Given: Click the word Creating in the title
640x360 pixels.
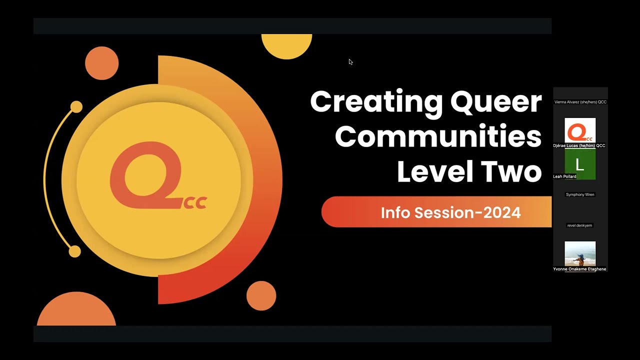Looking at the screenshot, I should coord(376,102).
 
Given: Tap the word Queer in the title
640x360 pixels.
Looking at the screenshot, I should coord(495,102).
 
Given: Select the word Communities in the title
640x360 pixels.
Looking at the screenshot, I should coord(438,136).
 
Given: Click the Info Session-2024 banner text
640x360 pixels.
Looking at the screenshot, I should coord(450,212).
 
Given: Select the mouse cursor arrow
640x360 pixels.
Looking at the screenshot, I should coord(350,62).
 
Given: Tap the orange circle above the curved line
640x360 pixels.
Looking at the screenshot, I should coord(101,63).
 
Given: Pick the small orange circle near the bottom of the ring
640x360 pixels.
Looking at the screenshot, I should coord(261,295).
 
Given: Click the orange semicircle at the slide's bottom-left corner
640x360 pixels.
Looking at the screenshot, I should coord(76,312).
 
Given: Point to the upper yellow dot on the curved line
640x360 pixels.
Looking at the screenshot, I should coord(76,107).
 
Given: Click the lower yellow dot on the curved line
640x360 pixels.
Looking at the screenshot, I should coord(74,251).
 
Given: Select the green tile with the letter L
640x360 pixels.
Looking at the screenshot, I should coord(580,164).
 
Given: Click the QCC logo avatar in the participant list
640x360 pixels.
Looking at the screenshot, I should coord(580,131).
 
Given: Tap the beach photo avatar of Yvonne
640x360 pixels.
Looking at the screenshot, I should coord(580,253).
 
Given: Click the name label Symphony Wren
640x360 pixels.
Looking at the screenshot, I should coord(580,194).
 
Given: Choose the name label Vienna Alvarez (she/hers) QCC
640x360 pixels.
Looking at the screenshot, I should coord(580,102).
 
